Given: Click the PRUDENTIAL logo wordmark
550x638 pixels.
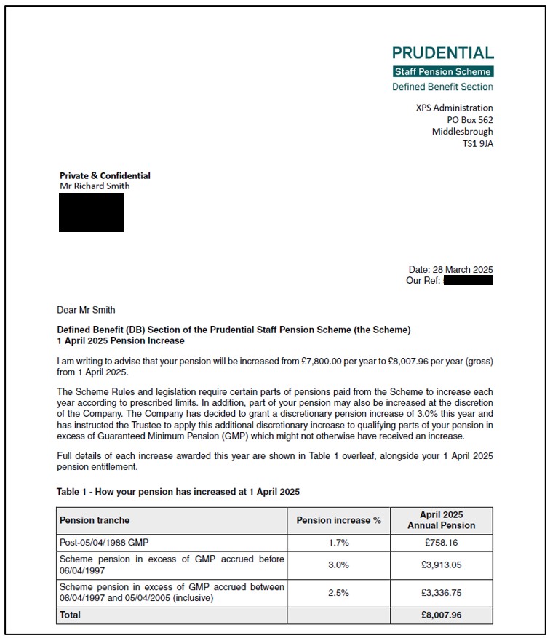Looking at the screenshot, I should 442,52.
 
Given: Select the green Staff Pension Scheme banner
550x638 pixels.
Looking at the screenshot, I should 442,71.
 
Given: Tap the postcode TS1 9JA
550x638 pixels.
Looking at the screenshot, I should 477,144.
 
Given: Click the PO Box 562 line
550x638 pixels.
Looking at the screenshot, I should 469,120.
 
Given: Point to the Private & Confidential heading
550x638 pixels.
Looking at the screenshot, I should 105,175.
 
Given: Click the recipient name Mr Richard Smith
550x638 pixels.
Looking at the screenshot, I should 95,186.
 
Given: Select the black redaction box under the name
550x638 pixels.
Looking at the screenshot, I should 91,212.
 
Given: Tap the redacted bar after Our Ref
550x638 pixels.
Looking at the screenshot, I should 468,280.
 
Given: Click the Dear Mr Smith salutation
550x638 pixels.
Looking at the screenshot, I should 86,310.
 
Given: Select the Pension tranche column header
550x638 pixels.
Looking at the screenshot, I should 95,520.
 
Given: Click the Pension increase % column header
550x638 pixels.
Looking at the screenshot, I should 338,520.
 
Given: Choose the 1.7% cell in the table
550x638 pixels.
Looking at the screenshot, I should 338,542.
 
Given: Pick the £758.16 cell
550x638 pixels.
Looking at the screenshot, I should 441,542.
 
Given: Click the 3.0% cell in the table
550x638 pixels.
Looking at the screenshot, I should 338,565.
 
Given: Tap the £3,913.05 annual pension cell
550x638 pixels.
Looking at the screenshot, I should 441,565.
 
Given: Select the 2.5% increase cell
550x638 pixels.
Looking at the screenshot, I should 338,593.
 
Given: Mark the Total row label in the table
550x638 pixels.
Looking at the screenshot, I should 71,615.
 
